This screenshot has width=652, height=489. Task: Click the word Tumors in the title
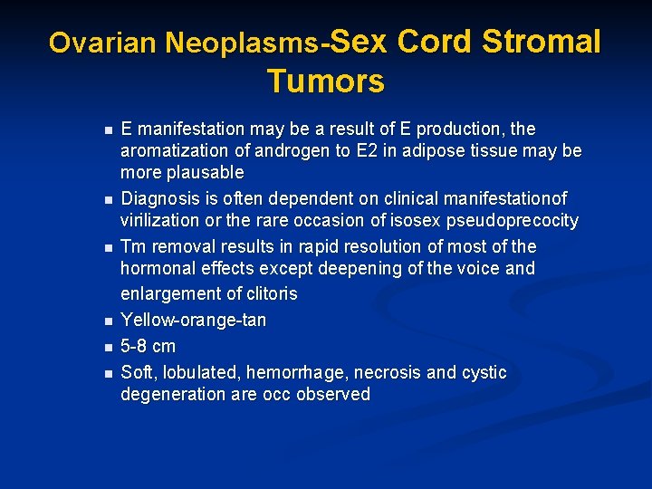[x=325, y=81]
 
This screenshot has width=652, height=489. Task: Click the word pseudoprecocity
[x=514, y=221]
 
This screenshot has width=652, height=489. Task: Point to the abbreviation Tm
[x=132, y=246]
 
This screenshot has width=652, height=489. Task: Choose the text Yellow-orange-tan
[x=193, y=321]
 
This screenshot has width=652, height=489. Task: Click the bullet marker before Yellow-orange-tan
[x=106, y=321]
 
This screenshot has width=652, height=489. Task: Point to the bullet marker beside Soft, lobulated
[x=106, y=373]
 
